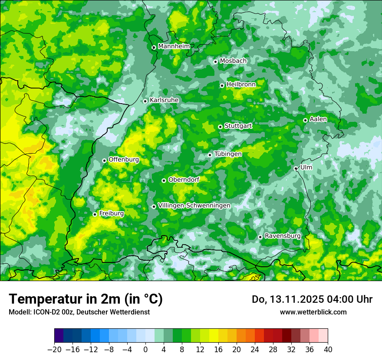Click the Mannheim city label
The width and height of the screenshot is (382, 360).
174,46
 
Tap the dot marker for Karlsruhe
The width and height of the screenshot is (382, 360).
145,101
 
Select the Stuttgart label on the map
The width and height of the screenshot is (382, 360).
238,126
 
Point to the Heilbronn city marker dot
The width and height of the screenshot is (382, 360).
222,85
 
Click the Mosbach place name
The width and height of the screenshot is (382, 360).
233,61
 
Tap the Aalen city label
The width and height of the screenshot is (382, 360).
318,119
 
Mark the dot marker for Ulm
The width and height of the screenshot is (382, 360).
296,168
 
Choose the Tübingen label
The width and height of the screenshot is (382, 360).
228,154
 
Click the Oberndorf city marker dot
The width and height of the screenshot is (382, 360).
164,180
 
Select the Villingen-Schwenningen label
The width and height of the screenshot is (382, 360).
194,206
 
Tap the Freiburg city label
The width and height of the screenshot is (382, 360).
111,213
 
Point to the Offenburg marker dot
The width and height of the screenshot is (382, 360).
104,160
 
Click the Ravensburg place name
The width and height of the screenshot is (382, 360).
283,236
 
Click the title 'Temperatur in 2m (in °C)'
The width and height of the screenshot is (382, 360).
86,299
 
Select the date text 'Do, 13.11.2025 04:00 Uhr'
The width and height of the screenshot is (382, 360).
312,299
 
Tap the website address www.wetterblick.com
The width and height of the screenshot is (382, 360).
313,312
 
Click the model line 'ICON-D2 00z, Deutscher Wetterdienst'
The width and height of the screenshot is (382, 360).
79,312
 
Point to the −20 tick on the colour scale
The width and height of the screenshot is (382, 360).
54,350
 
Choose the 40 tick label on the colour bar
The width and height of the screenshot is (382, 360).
328,350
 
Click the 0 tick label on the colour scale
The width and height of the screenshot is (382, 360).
145,350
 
